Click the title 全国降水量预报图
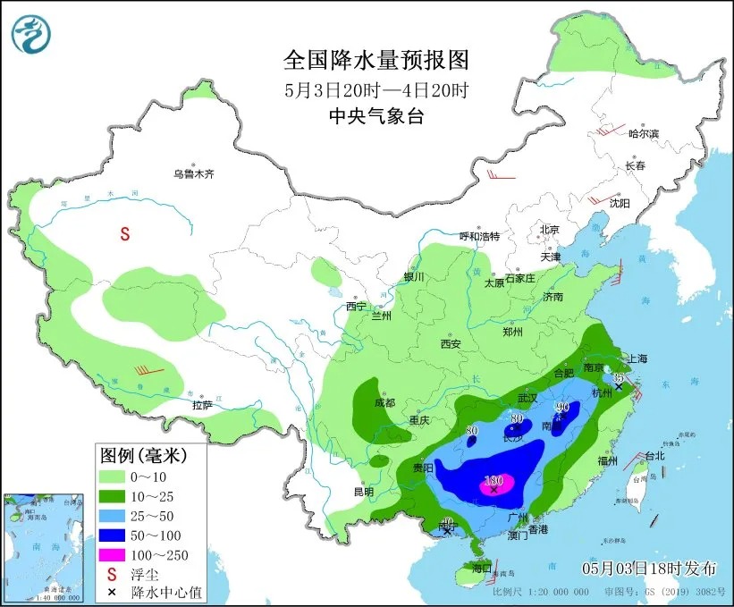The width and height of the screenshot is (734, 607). [x=375, y=61]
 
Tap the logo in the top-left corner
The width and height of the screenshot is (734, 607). [x=31, y=33]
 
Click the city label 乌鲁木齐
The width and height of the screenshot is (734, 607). [x=194, y=174]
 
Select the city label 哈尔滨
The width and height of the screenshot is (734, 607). [x=643, y=134]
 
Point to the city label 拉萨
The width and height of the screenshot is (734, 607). [x=202, y=405]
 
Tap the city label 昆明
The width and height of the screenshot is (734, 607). [x=363, y=492]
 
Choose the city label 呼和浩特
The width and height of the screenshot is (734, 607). [x=479, y=236]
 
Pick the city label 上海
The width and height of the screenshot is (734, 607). [x=637, y=358]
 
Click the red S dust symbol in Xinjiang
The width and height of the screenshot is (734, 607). [x=125, y=235]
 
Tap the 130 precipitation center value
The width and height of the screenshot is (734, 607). [x=494, y=479]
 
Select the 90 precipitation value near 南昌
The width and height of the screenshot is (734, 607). [x=562, y=409]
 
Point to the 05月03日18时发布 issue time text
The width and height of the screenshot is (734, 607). [x=649, y=568]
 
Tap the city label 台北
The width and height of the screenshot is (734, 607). [x=654, y=455]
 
